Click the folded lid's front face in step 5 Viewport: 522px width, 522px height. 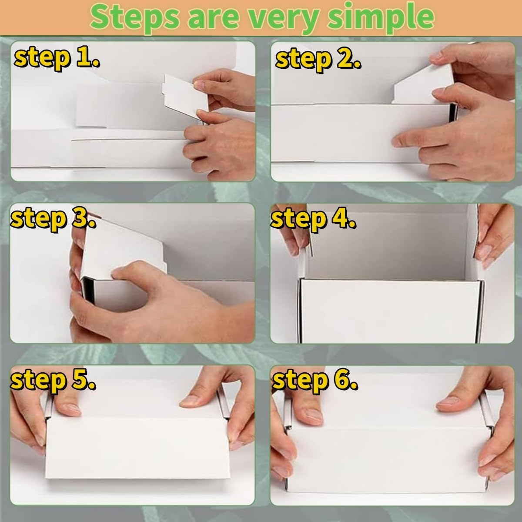pos(135,452)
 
